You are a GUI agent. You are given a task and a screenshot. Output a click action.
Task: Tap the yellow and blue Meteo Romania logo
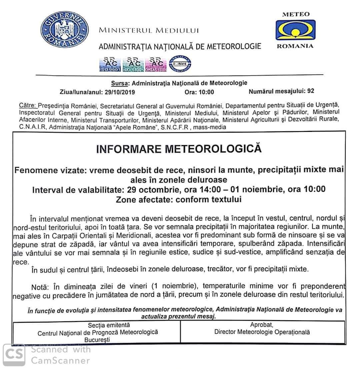[x=295, y=30]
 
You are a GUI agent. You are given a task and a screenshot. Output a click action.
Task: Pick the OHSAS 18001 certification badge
[x=155, y=64]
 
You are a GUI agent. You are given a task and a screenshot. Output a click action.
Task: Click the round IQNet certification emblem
[x=180, y=64]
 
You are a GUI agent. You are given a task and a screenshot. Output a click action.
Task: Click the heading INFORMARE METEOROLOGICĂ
[x=179, y=149]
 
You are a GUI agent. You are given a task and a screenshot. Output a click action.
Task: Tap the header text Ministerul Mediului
[x=149, y=31]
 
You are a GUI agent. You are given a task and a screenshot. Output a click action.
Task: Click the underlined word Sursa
[x=119, y=83]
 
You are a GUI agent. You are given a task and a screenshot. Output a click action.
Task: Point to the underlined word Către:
[x=28, y=106]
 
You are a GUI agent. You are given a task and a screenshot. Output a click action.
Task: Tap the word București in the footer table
[x=98, y=339]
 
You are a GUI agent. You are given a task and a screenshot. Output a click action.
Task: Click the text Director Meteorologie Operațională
[x=262, y=332]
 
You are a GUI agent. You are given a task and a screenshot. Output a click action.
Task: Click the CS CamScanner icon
[x=14, y=355]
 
